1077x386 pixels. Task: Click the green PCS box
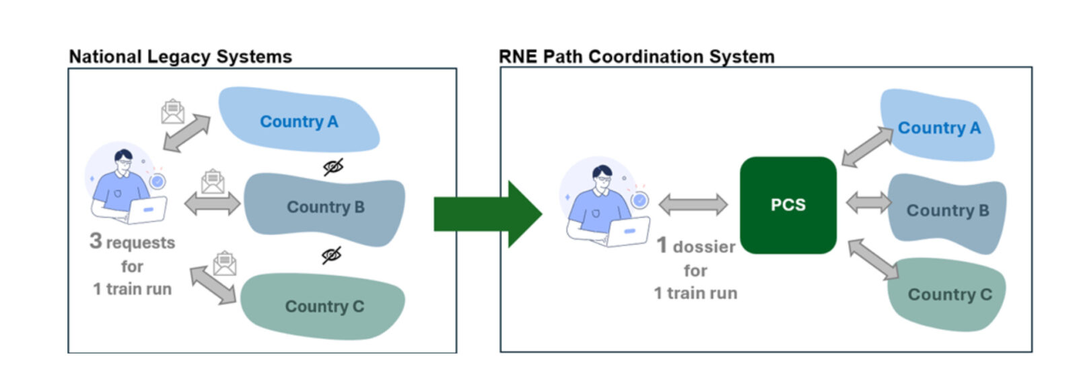tap(788, 205)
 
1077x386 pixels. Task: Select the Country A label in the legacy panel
tap(299, 122)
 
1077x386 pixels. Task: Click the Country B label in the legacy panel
tap(326, 207)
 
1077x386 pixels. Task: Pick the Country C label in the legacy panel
tap(324, 307)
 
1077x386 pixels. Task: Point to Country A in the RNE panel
tap(938, 128)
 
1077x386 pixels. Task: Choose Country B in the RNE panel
tap(947, 211)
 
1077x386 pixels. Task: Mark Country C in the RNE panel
tap(949, 294)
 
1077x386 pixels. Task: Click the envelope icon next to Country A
tap(173, 112)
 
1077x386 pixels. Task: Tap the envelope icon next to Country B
tap(213, 181)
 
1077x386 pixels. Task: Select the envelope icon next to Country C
tap(225, 263)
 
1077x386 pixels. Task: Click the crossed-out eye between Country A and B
tap(333, 166)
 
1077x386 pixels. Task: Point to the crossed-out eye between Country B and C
tap(331, 255)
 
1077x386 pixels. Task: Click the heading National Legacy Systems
tap(180, 57)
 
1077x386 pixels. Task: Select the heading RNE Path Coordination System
tap(636, 57)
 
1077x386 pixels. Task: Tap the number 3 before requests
tap(96, 241)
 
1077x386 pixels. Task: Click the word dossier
tap(704, 247)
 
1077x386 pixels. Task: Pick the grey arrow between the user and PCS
tap(693, 204)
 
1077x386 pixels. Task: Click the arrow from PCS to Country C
tap(872, 259)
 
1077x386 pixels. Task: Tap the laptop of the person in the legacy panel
tap(147, 211)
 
